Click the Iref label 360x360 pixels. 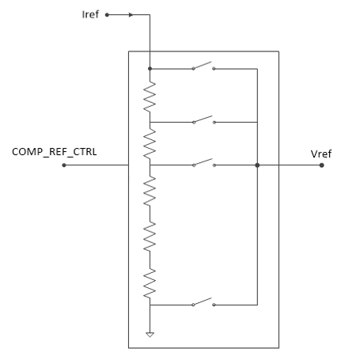click(x=90, y=14)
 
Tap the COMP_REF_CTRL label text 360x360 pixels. click(x=55, y=152)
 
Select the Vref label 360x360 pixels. click(x=321, y=153)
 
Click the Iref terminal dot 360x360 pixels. click(x=107, y=15)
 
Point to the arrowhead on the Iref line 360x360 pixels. click(x=131, y=15)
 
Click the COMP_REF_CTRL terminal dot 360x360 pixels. click(x=64, y=165)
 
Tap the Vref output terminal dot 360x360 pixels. click(x=321, y=165)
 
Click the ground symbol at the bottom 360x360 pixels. click(x=150, y=335)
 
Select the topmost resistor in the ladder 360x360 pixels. click(x=150, y=97)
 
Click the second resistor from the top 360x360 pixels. click(x=150, y=144)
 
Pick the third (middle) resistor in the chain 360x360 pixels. click(x=150, y=191)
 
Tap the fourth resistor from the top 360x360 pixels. click(x=150, y=237)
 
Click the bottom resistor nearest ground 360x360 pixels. click(x=150, y=283)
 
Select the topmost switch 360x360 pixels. click(x=203, y=66)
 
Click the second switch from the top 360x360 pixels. click(x=203, y=119)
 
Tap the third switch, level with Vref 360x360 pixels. click(x=203, y=163)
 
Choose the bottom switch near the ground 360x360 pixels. click(x=203, y=302)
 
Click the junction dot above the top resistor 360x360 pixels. click(x=150, y=69)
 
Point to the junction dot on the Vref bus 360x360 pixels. click(x=257, y=165)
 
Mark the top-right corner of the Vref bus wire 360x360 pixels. click(x=257, y=69)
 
